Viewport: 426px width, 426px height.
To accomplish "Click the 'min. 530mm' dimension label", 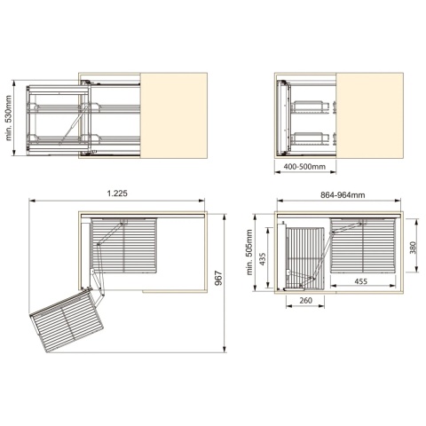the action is pos(8,118).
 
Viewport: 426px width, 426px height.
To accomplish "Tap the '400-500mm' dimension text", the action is pos(304,167).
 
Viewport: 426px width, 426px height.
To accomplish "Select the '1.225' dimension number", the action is pos(117,193).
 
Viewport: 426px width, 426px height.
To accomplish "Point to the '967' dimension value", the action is pos(218,278).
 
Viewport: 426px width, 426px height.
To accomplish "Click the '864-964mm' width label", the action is pos(343,195).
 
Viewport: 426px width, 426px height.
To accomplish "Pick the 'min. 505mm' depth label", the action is pos(249,252).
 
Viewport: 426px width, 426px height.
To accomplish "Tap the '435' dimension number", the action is pos(262,258).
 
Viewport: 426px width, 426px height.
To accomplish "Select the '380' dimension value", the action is pos(413,248).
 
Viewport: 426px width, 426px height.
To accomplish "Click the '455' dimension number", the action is pos(360,281).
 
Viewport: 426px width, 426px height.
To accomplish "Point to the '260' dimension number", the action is pos(305,301).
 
